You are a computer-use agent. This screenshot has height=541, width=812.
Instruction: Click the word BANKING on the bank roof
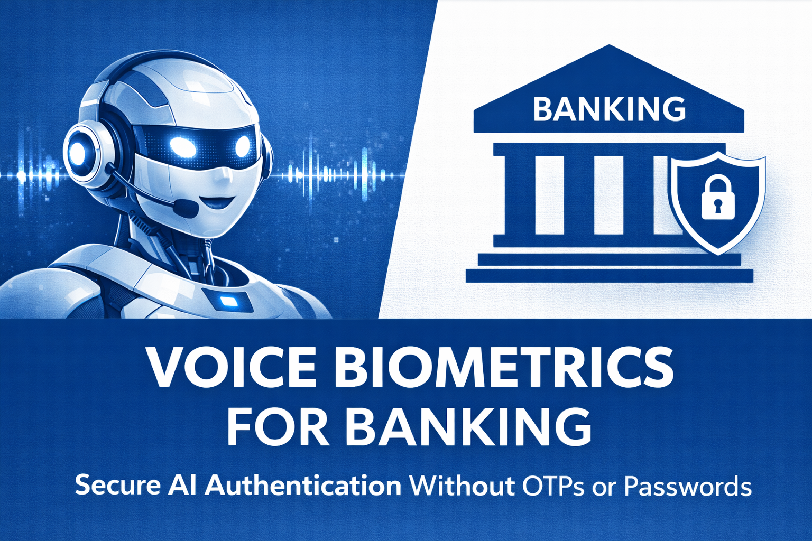(x=609, y=109)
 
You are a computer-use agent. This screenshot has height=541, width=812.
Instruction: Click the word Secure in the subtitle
(x=117, y=485)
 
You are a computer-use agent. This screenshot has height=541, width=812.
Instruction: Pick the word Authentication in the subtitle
(x=303, y=485)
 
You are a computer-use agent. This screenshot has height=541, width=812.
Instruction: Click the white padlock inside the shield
(x=718, y=199)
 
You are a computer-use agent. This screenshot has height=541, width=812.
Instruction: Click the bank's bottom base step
(x=609, y=275)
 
